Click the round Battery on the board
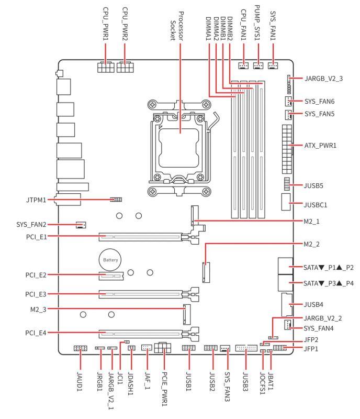click(x=110, y=260)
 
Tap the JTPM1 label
click(x=36, y=200)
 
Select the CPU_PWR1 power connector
click(x=106, y=67)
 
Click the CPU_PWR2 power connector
click(x=125, y=67)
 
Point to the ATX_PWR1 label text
click(x=320, y=146)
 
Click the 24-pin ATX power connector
click(x=287, y=149)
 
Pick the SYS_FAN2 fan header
click(x=81, y=225)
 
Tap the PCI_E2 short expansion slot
click(x=111, y=275)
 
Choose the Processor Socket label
click(x=177, y=26)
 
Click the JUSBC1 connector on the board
click(x=286, y=202)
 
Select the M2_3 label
click(x=38, y=310)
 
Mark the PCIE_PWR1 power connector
click(x=162, y=347)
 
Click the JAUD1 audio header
click(x=80, y=348)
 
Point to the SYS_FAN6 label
click(x=319, y=102)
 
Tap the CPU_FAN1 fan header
click(x=243, y=65)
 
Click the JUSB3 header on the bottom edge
click(x=246, y=348)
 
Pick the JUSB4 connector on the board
click(x=287, y=305)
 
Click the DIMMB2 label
click(x=230, y=29)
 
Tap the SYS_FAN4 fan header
click(x=287, y=325)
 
